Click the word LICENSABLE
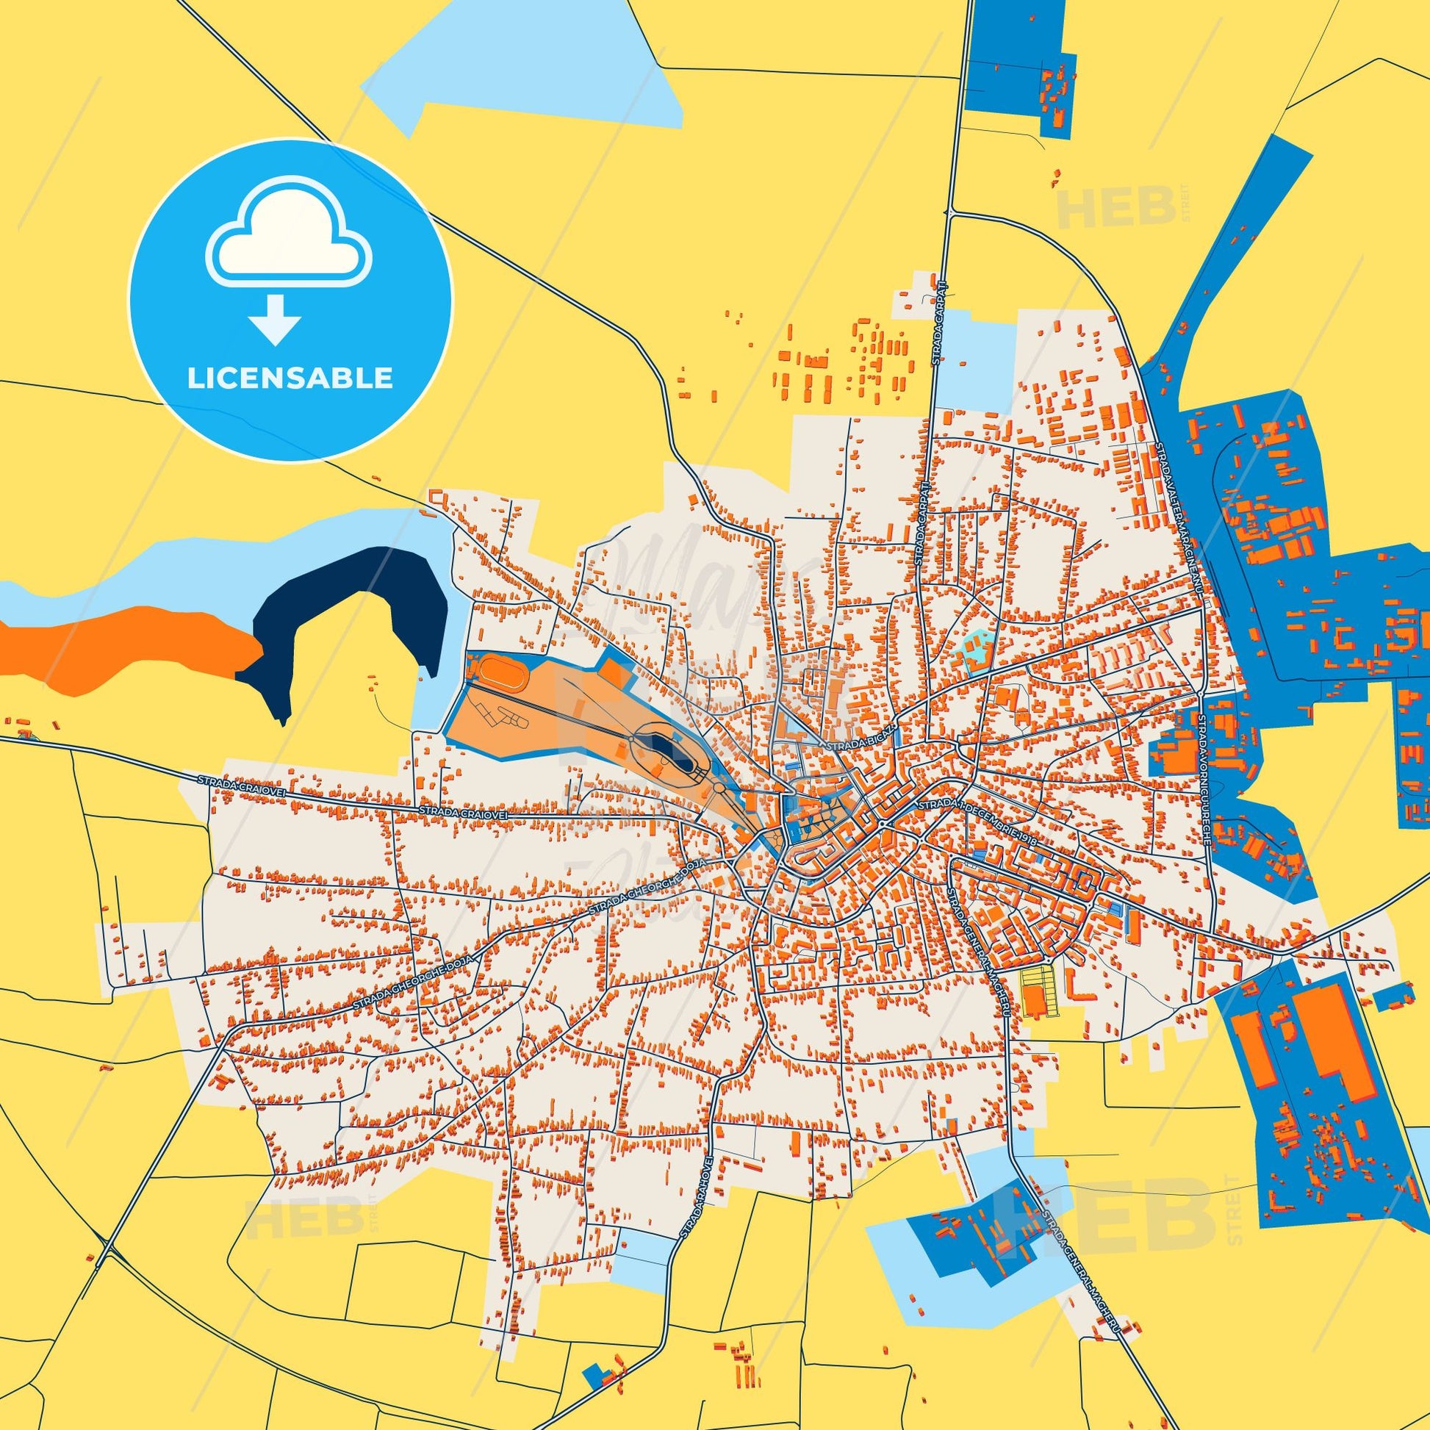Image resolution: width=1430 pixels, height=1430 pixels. [x=290, y=378]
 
